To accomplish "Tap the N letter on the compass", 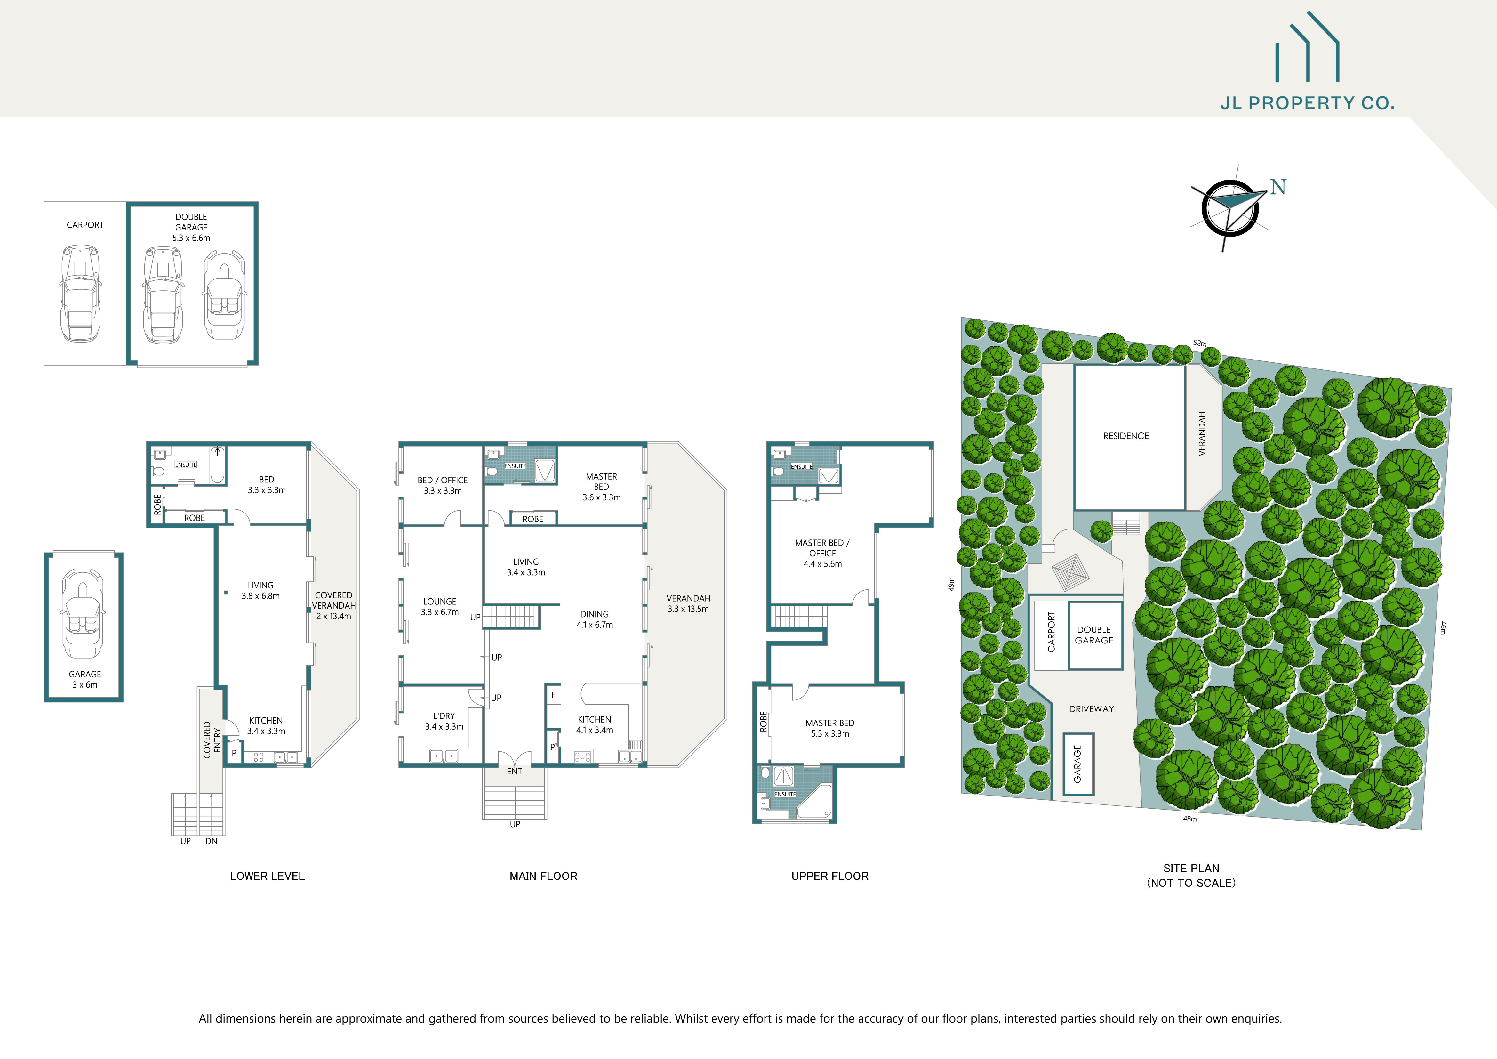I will point(1278,187).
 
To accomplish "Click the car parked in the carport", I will point(81,294).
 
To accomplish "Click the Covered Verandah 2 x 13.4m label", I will point(334,606).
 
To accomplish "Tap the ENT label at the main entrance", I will point(515,772).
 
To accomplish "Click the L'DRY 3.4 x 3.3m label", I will point(444,721).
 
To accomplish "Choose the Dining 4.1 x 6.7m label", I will point(594,619).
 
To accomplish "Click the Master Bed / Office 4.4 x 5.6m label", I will point(822,553).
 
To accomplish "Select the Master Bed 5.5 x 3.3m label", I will point(829,728).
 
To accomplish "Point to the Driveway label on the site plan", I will point(1092,709).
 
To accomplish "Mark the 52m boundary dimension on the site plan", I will point(1200,343).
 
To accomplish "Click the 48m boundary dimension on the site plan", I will point(1190,819).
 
